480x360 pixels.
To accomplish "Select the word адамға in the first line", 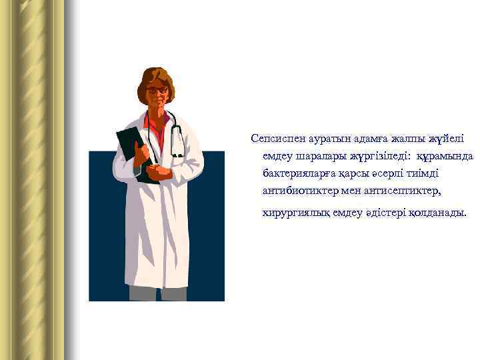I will [x=353, y=139].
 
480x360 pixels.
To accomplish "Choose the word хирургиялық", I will [x=293, y=213].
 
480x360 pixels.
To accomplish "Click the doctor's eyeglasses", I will [x=157, y=90].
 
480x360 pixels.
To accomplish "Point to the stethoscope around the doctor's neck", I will [x=176, y=137].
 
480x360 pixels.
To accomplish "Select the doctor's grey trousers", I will [x=157, y=293].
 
